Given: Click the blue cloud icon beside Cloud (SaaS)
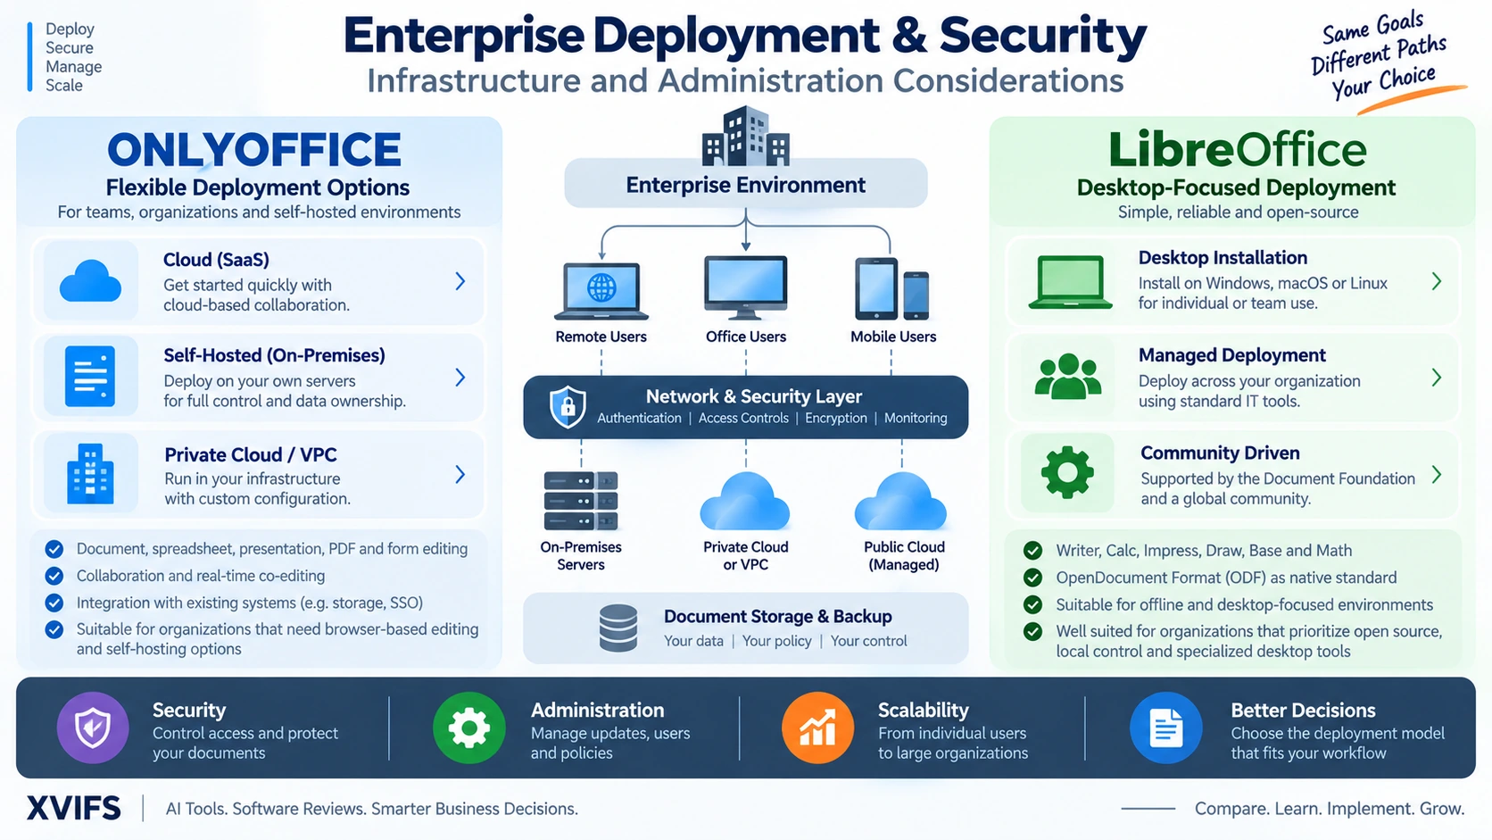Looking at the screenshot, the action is pyautogui.click(x=91, y=282).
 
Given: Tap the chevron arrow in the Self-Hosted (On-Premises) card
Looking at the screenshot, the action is pyautogui.click(x=460, y=378).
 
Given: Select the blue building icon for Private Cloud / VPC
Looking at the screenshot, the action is pyautogui.click(x=91, y=474).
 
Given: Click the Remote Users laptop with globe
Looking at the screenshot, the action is pyautogui.click(x=601, y=291).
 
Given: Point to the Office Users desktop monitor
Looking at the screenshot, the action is pyautogui.click(x=746, y=287).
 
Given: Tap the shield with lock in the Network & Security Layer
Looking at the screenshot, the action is pyautogui.click(x=568, y=406).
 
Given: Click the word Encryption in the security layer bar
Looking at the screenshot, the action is pyautogui.click(x=836, y=419).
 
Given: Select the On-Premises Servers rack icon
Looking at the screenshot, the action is pyautogui.click(x=581, y=500).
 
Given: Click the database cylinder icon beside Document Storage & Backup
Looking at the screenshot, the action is pyautogui.click(x=618, y=628).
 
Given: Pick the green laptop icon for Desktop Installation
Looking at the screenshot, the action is pyautogui.click(x=1071, y=282).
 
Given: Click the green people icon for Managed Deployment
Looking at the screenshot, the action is pyautogui.click(x=1068, y=377).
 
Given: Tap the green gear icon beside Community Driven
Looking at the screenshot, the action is pyautogui.click(x=1067, y=472).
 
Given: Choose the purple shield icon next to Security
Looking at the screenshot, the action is pyautogui.click(x=93, y=728).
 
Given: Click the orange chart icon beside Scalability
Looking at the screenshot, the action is pyautogui.click(x=818, y=728).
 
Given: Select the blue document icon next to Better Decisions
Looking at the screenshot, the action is pyautogui.click(x=1165, y=728).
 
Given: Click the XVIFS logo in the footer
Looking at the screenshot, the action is pyautogui.click(x=74, y=809).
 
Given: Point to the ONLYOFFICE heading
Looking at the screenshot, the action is pyautogui.click(x=253, y=149).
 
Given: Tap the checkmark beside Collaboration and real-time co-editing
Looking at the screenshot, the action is pyautogui.click(x=54, y=576).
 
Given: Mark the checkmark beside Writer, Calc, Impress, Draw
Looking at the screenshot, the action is pyautogui.click(x=1033, y=550).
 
